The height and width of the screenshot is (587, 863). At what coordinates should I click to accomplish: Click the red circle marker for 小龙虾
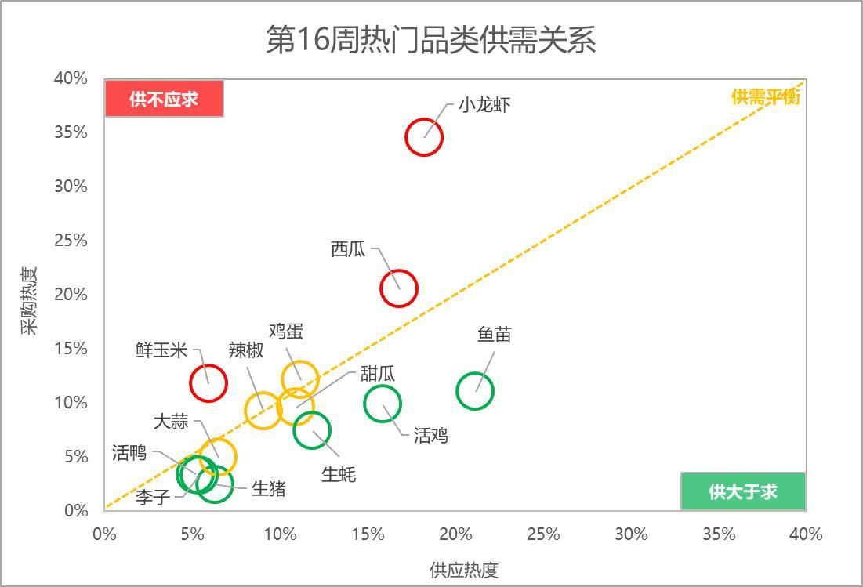point(424,137)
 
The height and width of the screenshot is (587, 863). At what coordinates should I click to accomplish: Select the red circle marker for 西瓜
point(399,288)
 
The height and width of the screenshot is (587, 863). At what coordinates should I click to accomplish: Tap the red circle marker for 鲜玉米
point(208,383)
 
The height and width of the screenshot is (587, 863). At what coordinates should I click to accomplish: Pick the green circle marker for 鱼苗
point(474,391)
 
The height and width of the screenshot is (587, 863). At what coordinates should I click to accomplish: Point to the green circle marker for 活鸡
point(383,404)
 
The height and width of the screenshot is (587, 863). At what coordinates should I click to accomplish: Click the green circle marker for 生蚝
point(312,431)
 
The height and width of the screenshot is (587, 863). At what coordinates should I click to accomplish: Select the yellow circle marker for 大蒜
point(217,456)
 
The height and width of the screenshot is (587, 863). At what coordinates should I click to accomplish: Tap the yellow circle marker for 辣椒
point(263,410)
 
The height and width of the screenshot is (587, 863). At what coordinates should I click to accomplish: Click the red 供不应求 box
point(165,99)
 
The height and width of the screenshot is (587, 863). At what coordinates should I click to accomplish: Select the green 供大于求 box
point(742,491)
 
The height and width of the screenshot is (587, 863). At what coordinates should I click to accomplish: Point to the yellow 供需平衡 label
point(766,97)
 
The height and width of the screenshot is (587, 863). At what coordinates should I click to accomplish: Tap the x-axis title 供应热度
point(464,570)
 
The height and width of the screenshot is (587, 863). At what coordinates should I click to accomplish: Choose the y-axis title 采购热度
point(28,301)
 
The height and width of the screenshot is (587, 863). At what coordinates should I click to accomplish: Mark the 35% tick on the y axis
point(71,132)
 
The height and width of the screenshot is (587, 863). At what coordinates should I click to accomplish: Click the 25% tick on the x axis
point(543,534)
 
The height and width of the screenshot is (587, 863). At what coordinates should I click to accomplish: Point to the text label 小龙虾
point(485,105)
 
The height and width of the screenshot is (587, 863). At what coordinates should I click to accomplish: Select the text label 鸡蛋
point(286,331)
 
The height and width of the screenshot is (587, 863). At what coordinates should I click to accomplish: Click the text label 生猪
point(269,489)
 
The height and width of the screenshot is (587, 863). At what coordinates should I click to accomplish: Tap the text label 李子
point(153,497)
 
